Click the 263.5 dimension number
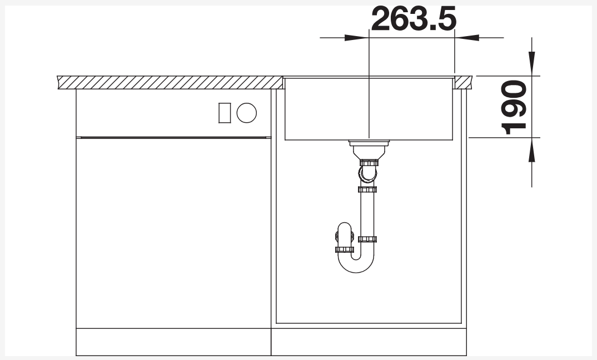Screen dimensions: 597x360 coord(414,18)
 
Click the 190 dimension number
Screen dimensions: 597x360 coord(514,107)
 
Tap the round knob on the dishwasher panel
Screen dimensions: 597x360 coord(247,113)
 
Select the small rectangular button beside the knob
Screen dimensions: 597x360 coord(225,113)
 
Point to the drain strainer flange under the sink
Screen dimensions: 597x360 coord(369,143)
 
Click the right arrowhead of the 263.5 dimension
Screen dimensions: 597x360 coord(467,38)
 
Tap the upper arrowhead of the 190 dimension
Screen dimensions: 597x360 coord(531,63)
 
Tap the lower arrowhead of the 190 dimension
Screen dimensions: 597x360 coord(531,149)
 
